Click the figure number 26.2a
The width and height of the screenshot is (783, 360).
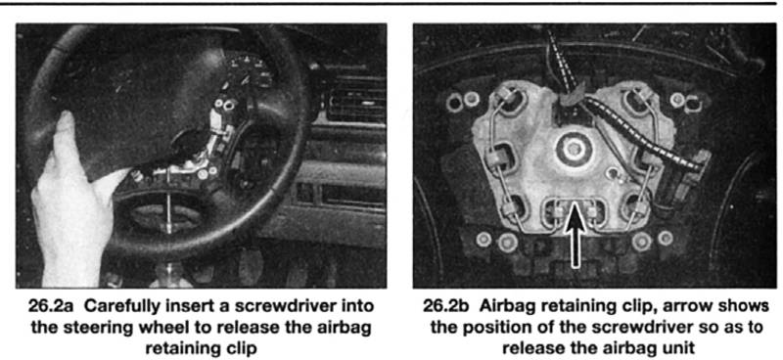(x=47, y=305)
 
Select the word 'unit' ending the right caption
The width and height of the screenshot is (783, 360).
(x=681, y=348)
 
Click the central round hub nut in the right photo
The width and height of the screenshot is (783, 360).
(x=575, y=149)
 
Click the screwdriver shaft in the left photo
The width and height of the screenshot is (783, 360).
(x=169, y=200)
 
